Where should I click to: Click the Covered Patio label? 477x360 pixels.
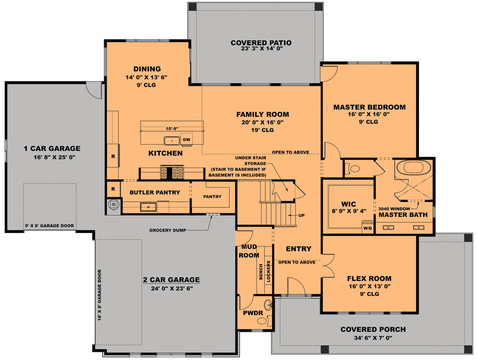tap(261, 43)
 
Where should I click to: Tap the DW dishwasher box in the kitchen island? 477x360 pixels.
tap(186, 140)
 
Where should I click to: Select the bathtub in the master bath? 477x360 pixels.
tap(413, 168)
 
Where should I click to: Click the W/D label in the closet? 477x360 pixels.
tap(367, 228)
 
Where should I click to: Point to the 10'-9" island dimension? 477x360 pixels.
tap(172, 129)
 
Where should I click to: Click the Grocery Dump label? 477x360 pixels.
tap(168, 230)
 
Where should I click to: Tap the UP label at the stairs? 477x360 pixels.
tap(301, 215)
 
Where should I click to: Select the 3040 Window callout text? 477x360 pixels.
tap(394, 209)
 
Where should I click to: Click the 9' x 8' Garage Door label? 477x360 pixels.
tap(50, 226)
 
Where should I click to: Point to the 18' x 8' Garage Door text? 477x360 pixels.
tap(100, 295)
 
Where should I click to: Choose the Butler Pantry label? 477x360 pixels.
tap(155, 193)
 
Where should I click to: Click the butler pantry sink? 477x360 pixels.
tap(148, 207)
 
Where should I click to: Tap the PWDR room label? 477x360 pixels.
tap(253, 313)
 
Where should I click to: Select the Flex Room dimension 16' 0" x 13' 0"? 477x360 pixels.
tap(369, 286)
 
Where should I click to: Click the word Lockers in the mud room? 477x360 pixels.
tap(268, 271)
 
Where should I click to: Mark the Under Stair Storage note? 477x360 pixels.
tap(250, 160)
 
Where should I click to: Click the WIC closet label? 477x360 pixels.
tap(348, 204)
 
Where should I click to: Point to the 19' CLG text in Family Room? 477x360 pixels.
tap(262, 130)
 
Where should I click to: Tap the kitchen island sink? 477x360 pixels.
tap(172, 141)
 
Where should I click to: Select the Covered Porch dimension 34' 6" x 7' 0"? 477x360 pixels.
tap(373, 338)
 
